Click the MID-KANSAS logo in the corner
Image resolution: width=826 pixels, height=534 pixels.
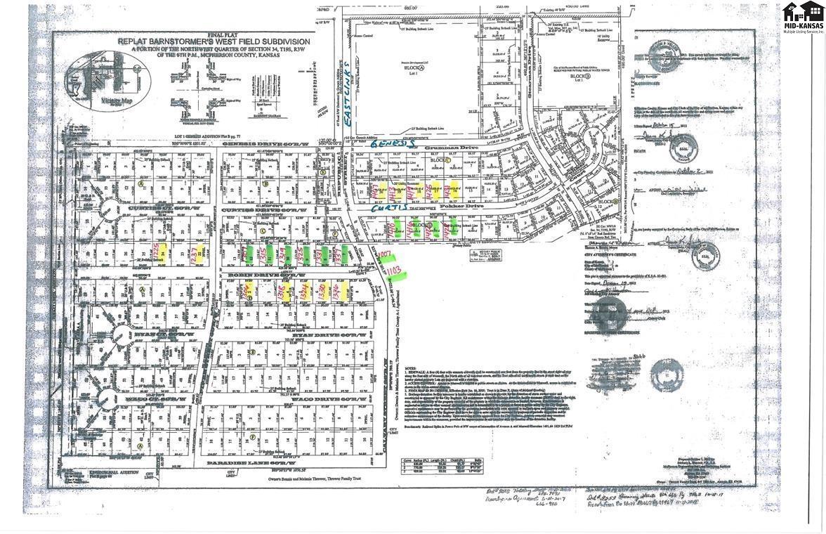click(803, 18)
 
